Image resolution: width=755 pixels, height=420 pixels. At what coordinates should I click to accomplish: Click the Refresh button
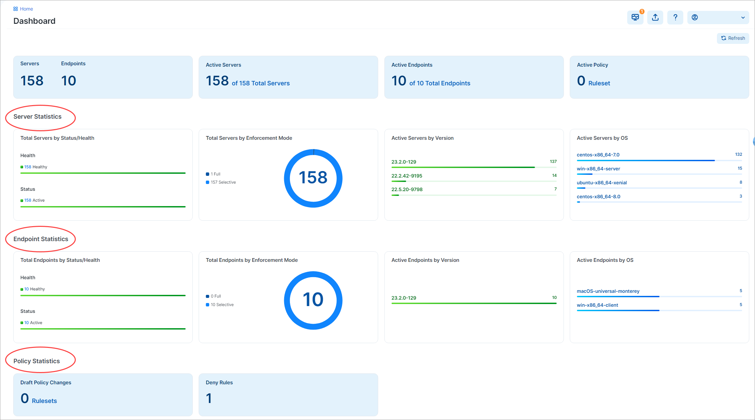(x=733, y=38)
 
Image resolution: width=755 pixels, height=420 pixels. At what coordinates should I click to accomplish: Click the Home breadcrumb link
(x=26, y=9)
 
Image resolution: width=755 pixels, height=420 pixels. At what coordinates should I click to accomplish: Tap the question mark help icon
(x=675, y=17)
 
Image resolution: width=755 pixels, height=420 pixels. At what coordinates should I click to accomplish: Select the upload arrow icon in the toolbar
(x=655, y=17)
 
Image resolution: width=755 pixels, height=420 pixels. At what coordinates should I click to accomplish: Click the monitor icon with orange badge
(x=635, y=17)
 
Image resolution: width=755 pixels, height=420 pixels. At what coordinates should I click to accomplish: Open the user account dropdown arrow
(x=743, y=18)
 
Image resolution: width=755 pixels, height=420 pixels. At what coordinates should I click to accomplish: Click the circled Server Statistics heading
(x=37, y=117)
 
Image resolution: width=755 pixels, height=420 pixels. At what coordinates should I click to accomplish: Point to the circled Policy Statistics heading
(x=37, y=361)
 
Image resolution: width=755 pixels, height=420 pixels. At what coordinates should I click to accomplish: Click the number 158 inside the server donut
(x=313, y=178)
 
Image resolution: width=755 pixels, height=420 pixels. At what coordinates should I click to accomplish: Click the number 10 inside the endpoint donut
(x=313, y=300)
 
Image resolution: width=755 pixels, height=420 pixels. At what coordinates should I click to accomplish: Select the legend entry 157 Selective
(x=223, y=182)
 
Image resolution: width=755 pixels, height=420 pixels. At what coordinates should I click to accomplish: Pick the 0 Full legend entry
(x=216, y=296)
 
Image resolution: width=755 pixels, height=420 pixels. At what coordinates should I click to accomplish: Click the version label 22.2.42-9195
(x=407, y=176)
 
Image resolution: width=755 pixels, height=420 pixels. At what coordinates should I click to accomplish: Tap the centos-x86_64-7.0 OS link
(x=598, y=155)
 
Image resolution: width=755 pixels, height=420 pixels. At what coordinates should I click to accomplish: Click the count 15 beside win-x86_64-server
(x=740, y=168)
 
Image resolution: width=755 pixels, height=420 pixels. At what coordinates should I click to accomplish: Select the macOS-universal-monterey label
(x=608, y=291)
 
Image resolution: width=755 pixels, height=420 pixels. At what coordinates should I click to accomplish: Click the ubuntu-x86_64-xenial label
(x=602, y=183)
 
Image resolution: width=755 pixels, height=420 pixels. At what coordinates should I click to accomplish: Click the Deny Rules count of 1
(x=209, y=398)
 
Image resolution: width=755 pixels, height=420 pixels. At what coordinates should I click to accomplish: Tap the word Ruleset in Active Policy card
(x=599, y=83)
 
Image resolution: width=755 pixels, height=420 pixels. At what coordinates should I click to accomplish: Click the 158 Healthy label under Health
(x=35, y=167)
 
